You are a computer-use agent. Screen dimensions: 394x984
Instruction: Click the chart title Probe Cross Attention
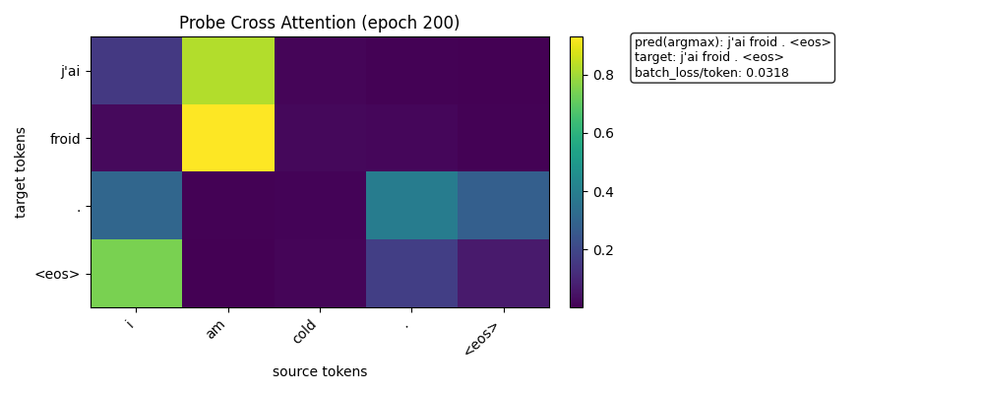pos(319,23)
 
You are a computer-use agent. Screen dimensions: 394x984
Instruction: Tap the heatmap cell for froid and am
pos(228,138)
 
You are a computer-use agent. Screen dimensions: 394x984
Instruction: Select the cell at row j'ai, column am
pos(228,71)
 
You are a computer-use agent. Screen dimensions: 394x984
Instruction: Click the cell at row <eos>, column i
pos(137,273)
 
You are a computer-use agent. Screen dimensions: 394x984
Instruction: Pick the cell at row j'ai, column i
pos(137,71)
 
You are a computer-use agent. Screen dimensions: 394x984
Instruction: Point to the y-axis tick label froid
pos(65,138)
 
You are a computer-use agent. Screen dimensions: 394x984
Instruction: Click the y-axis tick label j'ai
pos(69,71)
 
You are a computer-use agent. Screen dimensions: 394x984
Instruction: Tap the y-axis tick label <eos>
pos(57,273)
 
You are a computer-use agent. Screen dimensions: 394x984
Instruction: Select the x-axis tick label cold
pos(305,332)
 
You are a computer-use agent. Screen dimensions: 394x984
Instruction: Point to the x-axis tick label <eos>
pos(481,339)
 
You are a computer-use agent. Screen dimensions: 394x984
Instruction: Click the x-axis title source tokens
pos(320,371)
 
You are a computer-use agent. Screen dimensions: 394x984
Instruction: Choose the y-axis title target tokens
pos(21,172)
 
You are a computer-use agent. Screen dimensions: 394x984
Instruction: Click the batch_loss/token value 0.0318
pos(769,73)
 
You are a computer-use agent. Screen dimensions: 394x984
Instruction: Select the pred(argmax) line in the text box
pos(732,42)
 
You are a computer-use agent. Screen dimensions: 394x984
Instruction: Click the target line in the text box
pos(708,57)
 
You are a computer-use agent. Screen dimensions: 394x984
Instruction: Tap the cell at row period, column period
pos(411,205)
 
